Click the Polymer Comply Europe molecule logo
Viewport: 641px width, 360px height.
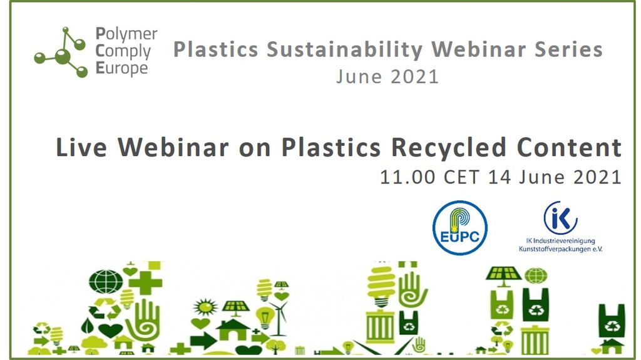(61, 53)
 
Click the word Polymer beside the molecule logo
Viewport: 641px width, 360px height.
(126, 35)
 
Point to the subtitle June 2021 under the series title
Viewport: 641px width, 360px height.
(387, 76)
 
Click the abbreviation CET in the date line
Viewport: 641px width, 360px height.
(463, 177)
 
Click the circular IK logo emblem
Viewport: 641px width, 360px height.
(560, 218)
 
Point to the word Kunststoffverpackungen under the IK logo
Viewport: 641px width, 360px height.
(556, 249)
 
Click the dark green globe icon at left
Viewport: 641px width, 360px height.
(105, 281)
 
